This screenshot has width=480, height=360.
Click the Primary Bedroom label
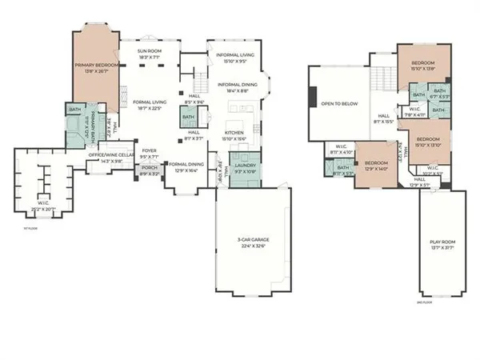coord(96,64)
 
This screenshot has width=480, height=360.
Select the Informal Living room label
coord(235,55)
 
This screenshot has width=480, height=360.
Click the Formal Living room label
coord(150,102)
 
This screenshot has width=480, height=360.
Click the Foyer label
coord(150,150)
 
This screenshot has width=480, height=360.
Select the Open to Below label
coord(339,104)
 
